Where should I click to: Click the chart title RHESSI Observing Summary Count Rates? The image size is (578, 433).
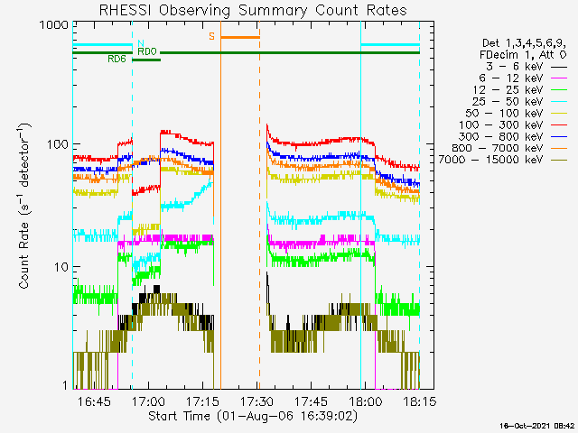point(252,10)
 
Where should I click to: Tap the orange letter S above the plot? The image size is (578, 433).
point(212,37)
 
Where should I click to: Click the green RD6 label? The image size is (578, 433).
point(117,60)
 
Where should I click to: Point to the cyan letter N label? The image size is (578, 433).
point(141,43)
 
